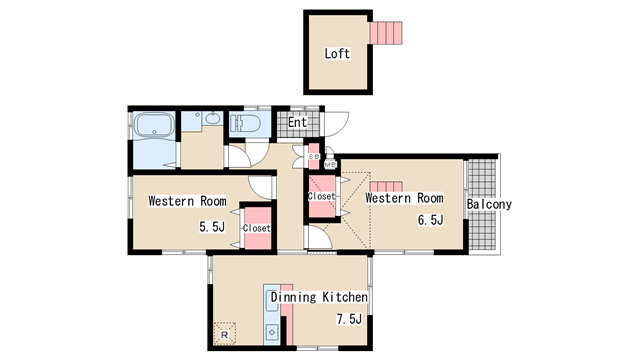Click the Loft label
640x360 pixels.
click(x=337, y=53)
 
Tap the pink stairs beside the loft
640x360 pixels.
click(x=386, y=33)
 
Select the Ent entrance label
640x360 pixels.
click(x=297, y=122)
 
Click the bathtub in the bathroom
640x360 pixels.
click(x=154, y=125)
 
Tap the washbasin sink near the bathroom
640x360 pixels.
click(x=212, y=118)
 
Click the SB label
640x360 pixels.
click(x=314, y=156)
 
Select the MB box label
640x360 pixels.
click(x=330, y=165)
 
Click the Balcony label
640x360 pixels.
click(x=489, y=204)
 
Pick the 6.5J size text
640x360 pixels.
click(x=430, y=220)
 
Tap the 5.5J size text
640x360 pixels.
click(x=212, y=227)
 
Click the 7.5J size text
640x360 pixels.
click(x=349, y=319)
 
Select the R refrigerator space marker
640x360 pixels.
click(x=224, y=335)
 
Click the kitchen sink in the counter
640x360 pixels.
click(x=271, y=332)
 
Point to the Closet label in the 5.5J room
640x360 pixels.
click(x=257, y=228)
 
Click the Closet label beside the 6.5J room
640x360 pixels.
click(x=322, y=196)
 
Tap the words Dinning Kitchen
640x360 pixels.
click(x=319, y=297)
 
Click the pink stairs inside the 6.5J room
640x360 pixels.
click(x=386, y=187)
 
